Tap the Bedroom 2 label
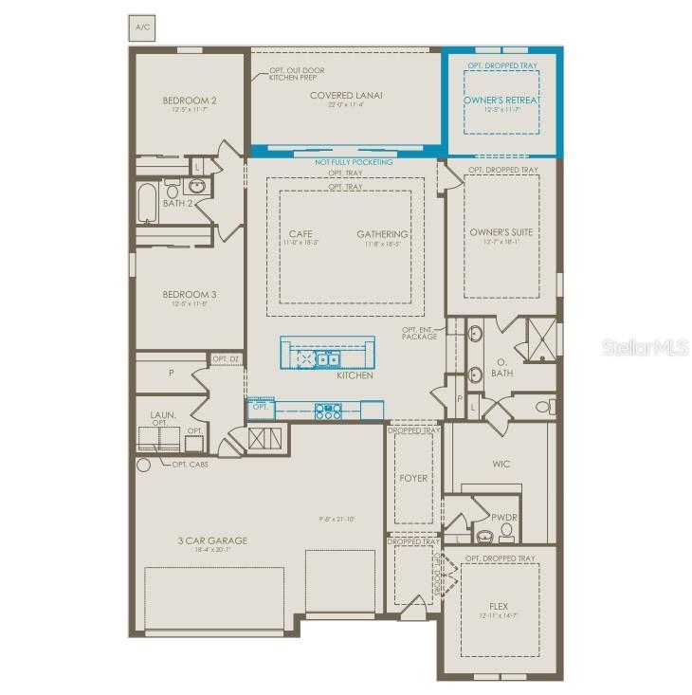click(x=190, y=101)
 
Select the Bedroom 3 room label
click(x=190, y=295)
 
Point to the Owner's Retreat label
click(x=501, y=101)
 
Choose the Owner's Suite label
click(x=501, y=231)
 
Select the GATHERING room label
click(x=382, y=234)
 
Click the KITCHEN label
click(x=355, y=375)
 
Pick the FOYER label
click(x=413, y=478)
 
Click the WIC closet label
click(x=501, y=465)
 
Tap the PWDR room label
click(x=503, y=517)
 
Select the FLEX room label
click(x=500, y=606)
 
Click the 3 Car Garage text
click(x=212, y=540)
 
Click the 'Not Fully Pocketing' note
click(x=354, y=162)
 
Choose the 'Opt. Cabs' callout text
click(x=190, y=464)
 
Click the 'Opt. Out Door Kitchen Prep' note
click(x=296, y=74)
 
